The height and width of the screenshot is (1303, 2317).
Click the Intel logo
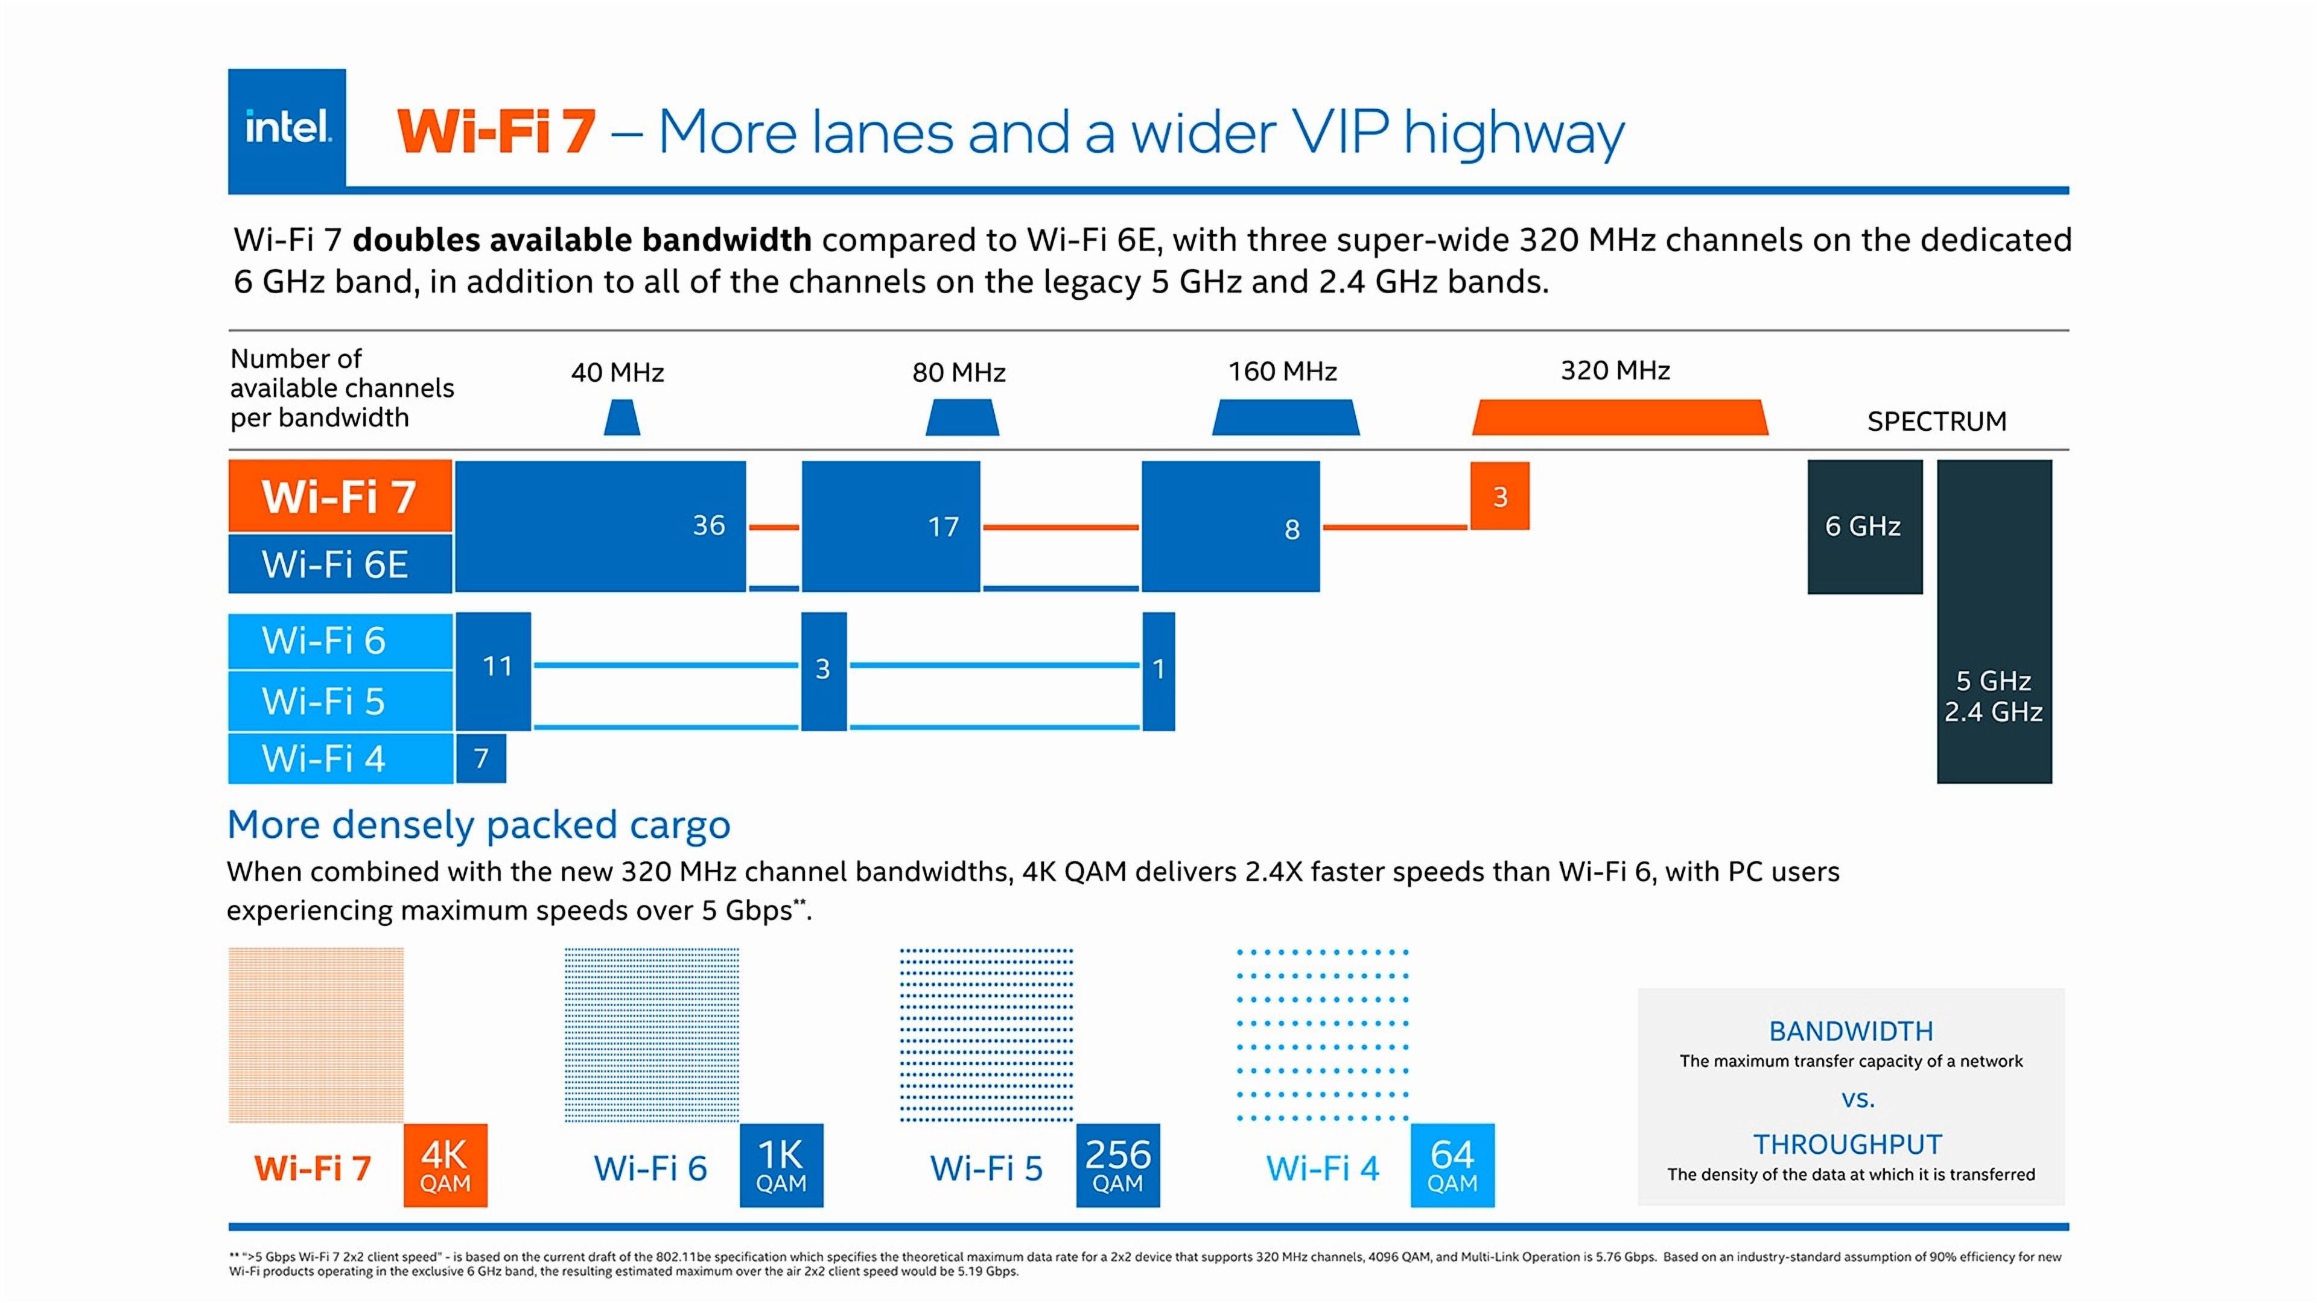[x=287, y=128]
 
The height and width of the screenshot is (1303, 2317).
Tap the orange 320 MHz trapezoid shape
[x=1619, y=418]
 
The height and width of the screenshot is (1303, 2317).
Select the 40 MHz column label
[x=617, y=372]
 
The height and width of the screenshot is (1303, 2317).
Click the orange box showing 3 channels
[x=1499, y=496]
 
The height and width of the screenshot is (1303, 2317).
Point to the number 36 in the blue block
[x=709, y=525]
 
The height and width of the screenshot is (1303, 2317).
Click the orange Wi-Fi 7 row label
[x=339, y=496]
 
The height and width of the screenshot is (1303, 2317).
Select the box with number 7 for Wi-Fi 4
[x=482, y=758]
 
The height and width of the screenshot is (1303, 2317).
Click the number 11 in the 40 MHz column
[x=497, y=667]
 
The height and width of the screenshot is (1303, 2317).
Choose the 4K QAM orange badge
[x=445, y=1165]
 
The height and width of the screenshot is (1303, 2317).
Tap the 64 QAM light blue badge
[x=1452, y=1165]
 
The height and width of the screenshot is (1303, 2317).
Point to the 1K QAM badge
[x=781, y=1165]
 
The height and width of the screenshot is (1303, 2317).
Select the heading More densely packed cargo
[x=478, y=825]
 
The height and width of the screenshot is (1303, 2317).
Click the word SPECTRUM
[x=1936, y=421]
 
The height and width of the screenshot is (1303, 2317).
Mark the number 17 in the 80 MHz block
[x=944, y=527]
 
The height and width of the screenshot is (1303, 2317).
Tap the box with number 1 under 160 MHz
[x=1158, y=670]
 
